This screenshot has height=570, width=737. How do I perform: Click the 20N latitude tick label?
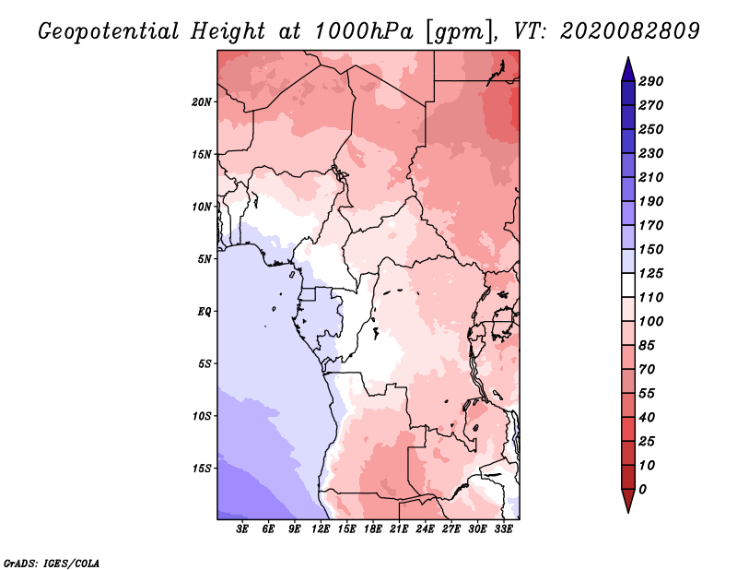[x=202, y=101]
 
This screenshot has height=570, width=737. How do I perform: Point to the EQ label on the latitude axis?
[x=205, y=311]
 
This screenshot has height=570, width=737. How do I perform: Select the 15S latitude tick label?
[x=202, y=468]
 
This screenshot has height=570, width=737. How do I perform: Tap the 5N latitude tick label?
[x=205, y=258]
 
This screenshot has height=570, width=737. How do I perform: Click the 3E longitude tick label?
[x=243, y=529]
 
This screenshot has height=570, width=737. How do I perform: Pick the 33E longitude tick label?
[x=503, y=529]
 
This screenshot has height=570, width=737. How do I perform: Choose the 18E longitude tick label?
[x=373, y=529]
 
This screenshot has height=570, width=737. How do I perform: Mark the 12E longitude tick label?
[x=322, y=529]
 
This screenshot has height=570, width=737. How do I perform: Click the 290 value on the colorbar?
[x=651, y=81]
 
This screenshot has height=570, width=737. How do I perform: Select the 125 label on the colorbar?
[x=651, y=273]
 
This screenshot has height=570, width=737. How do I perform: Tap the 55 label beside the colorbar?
[x=648, y=393]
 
